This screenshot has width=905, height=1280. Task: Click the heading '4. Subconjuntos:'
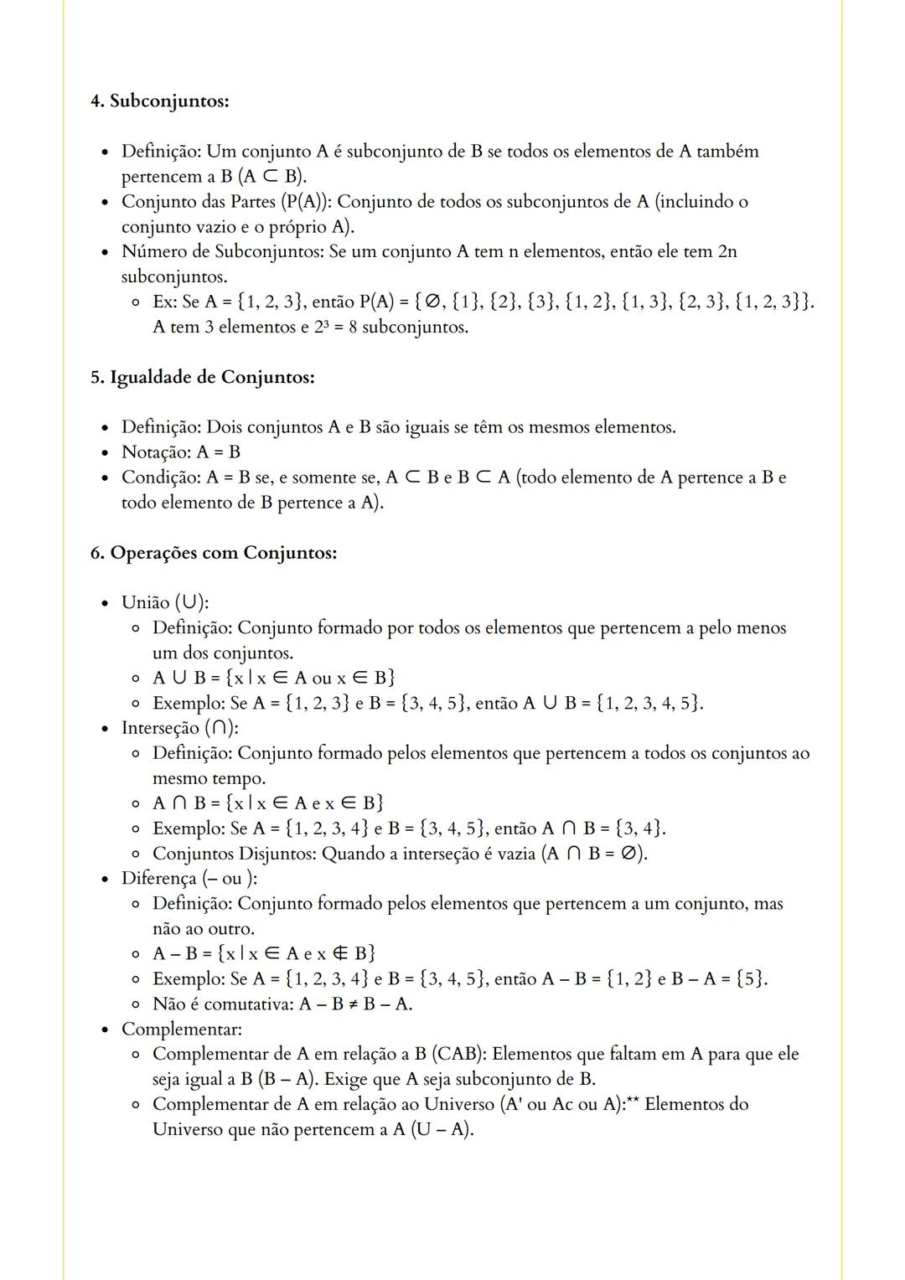pos(159,101)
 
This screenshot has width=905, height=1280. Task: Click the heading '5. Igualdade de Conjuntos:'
pos(203,378)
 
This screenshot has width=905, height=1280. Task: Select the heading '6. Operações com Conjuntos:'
pos(214,554)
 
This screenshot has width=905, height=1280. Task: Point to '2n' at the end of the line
pos(727,252)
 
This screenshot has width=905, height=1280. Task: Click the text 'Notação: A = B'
pos(181,452)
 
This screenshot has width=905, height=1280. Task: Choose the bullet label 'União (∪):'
pos(165,603)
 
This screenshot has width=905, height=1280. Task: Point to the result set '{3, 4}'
pos(639,828)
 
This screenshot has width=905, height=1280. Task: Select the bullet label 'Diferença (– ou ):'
pos(189,879)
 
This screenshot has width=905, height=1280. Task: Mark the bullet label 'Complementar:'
pos(182,1029)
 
